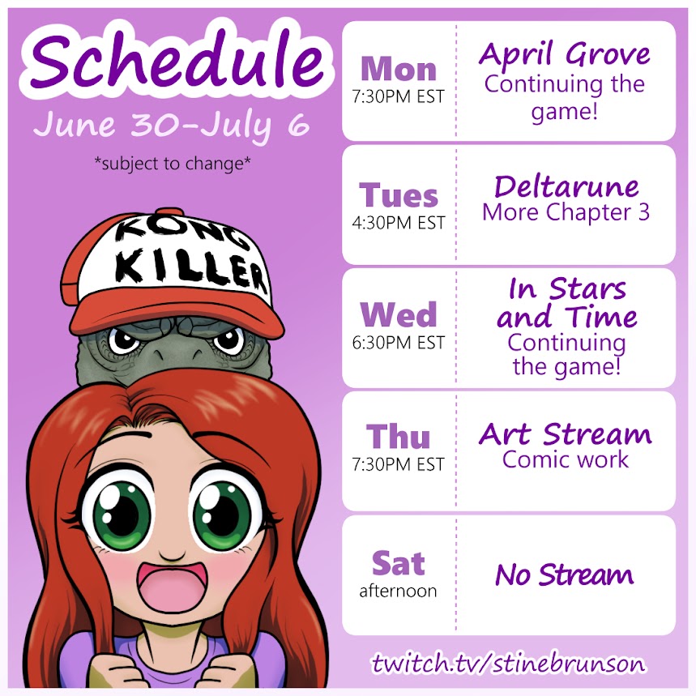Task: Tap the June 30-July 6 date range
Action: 171,125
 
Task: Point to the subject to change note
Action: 173,164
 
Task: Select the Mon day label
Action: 399,69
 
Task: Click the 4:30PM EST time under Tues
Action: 398,222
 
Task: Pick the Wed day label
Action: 399,314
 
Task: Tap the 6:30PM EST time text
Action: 398,342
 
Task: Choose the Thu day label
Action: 398,437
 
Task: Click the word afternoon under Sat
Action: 398,591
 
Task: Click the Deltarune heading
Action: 566,186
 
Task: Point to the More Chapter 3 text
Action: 566,212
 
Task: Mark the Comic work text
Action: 566,459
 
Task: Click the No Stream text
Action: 565,574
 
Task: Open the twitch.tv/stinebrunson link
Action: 509,664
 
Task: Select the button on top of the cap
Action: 169,211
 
